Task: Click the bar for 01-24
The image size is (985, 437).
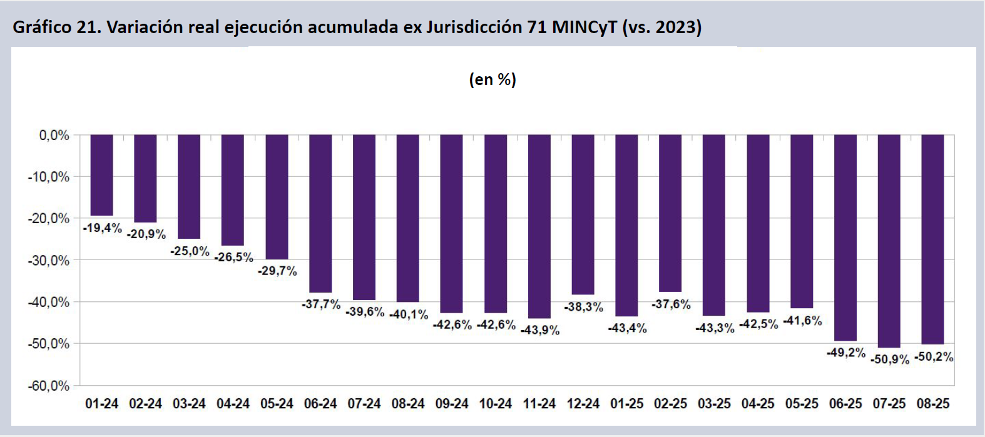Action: coord(101,175)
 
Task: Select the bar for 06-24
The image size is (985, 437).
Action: coord(320,213)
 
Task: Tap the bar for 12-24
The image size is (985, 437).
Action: coord(583,214)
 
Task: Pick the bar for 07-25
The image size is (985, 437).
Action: coord(889,241)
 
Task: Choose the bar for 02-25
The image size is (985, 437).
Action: coord(670,213)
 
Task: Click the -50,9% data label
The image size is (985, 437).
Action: coord(889,359)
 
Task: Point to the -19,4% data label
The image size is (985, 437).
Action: coord(103,228)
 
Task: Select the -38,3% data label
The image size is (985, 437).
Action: coord(584,307)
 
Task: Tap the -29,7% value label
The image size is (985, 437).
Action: coord(277,271)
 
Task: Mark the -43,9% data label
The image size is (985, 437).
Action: coord(540,330)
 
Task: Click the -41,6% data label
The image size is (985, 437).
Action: coord(802,321)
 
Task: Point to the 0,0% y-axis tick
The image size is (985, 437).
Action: coord(54,135)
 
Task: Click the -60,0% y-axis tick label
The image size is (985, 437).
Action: coord(49,386)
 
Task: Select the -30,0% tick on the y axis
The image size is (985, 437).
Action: coord(49,260)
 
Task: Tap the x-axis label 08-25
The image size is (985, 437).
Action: coord(932,404)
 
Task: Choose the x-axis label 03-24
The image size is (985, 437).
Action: coord(189,404)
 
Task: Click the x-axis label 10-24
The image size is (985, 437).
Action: coord(495,404)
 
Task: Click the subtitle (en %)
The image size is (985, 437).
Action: coord(493,79)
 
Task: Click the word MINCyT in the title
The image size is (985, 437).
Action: coord(584,28)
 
